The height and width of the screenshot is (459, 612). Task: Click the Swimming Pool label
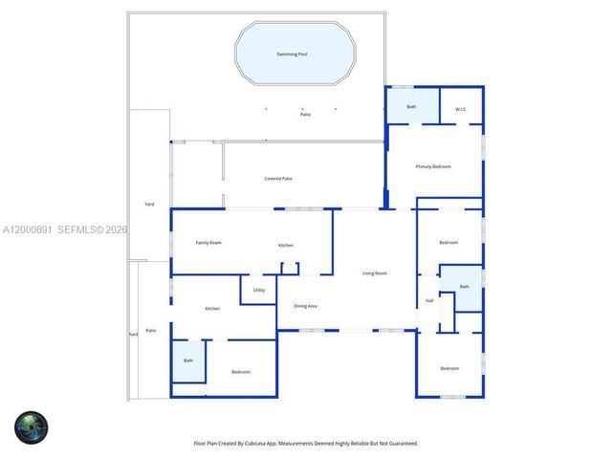click(x=292, y=55)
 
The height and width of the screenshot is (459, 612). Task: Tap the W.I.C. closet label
click(x=460, y=108)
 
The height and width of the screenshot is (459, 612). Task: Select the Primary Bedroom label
click(x=433, y=166)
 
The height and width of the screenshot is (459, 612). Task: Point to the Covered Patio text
click(x=278, y=179)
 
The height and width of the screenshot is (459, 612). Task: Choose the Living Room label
click(x=375, y=273)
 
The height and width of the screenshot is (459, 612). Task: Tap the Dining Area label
click(x=305, y=306)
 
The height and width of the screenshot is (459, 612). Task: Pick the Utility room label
click(x=259, y=290)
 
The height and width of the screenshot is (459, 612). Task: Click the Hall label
click(x=429, y=301)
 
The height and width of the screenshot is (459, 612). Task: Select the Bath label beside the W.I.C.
click(x=411, y=106)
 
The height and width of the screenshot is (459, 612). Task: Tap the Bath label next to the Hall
click(x=465, y=287)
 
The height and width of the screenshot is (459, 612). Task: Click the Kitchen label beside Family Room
click(x=286, y=246)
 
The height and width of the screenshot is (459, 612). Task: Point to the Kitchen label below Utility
click(x=212, y=308)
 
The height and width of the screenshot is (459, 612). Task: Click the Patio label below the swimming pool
click(x=305, y=115)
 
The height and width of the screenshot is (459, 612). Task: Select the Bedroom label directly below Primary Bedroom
click(x=448, y=243)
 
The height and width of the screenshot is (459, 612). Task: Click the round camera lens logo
click(x=31, y=426)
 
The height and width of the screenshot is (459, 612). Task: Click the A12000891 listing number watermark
click(x=27, y=229)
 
